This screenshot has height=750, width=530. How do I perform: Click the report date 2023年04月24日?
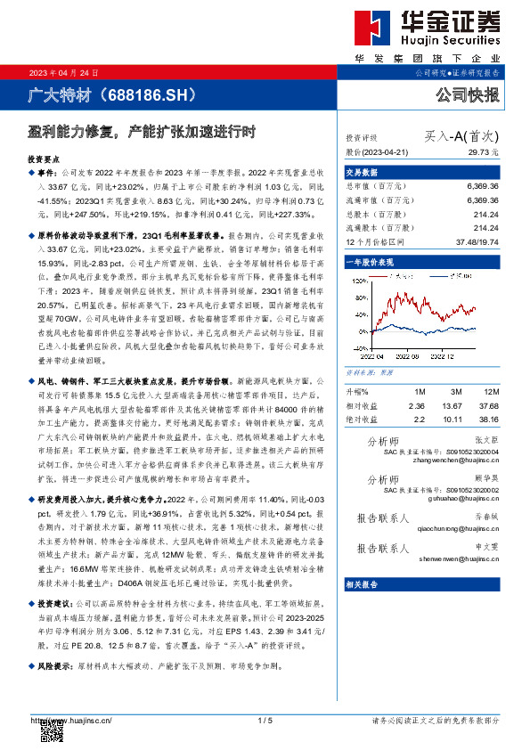coord(63,72)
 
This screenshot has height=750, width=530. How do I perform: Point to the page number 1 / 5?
coord(264,720)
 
